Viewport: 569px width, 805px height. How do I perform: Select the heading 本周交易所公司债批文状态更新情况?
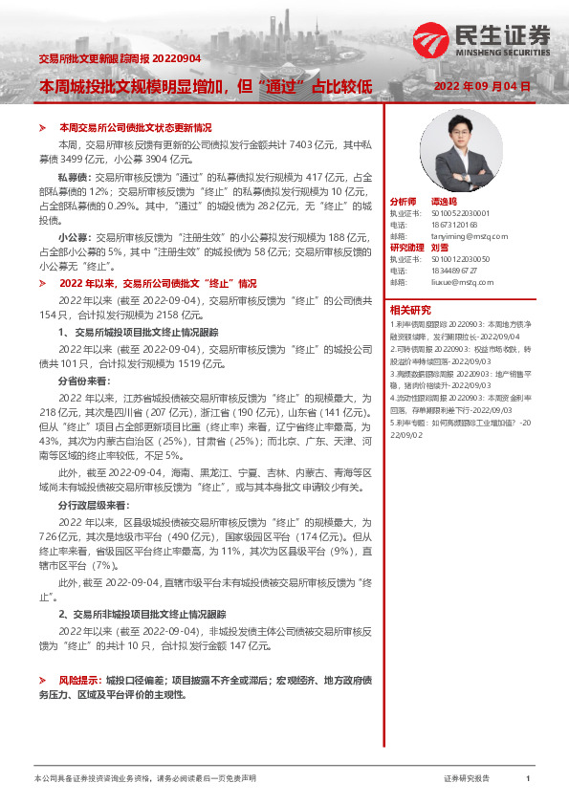(135, 127)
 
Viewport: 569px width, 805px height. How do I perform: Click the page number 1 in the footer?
(528, 779)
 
